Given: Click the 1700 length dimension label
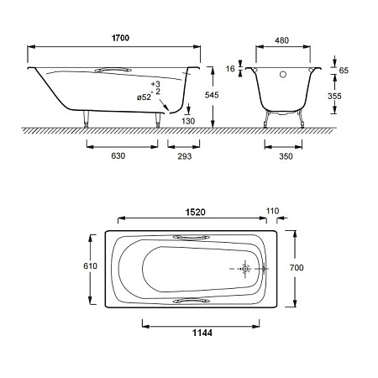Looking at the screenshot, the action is [120, 38].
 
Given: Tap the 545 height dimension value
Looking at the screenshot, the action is [212, 95].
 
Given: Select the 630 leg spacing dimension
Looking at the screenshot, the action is [118, 155].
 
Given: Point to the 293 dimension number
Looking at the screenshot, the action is [185, 156].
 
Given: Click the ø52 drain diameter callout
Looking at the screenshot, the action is [144, 97].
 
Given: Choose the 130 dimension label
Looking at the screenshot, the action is [188, 121].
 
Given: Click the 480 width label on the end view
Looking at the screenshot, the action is [281, 40].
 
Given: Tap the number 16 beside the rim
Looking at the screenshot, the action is [230, 69].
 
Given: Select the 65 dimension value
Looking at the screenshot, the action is [344, 71].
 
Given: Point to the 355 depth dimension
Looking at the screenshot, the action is [334, 96].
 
